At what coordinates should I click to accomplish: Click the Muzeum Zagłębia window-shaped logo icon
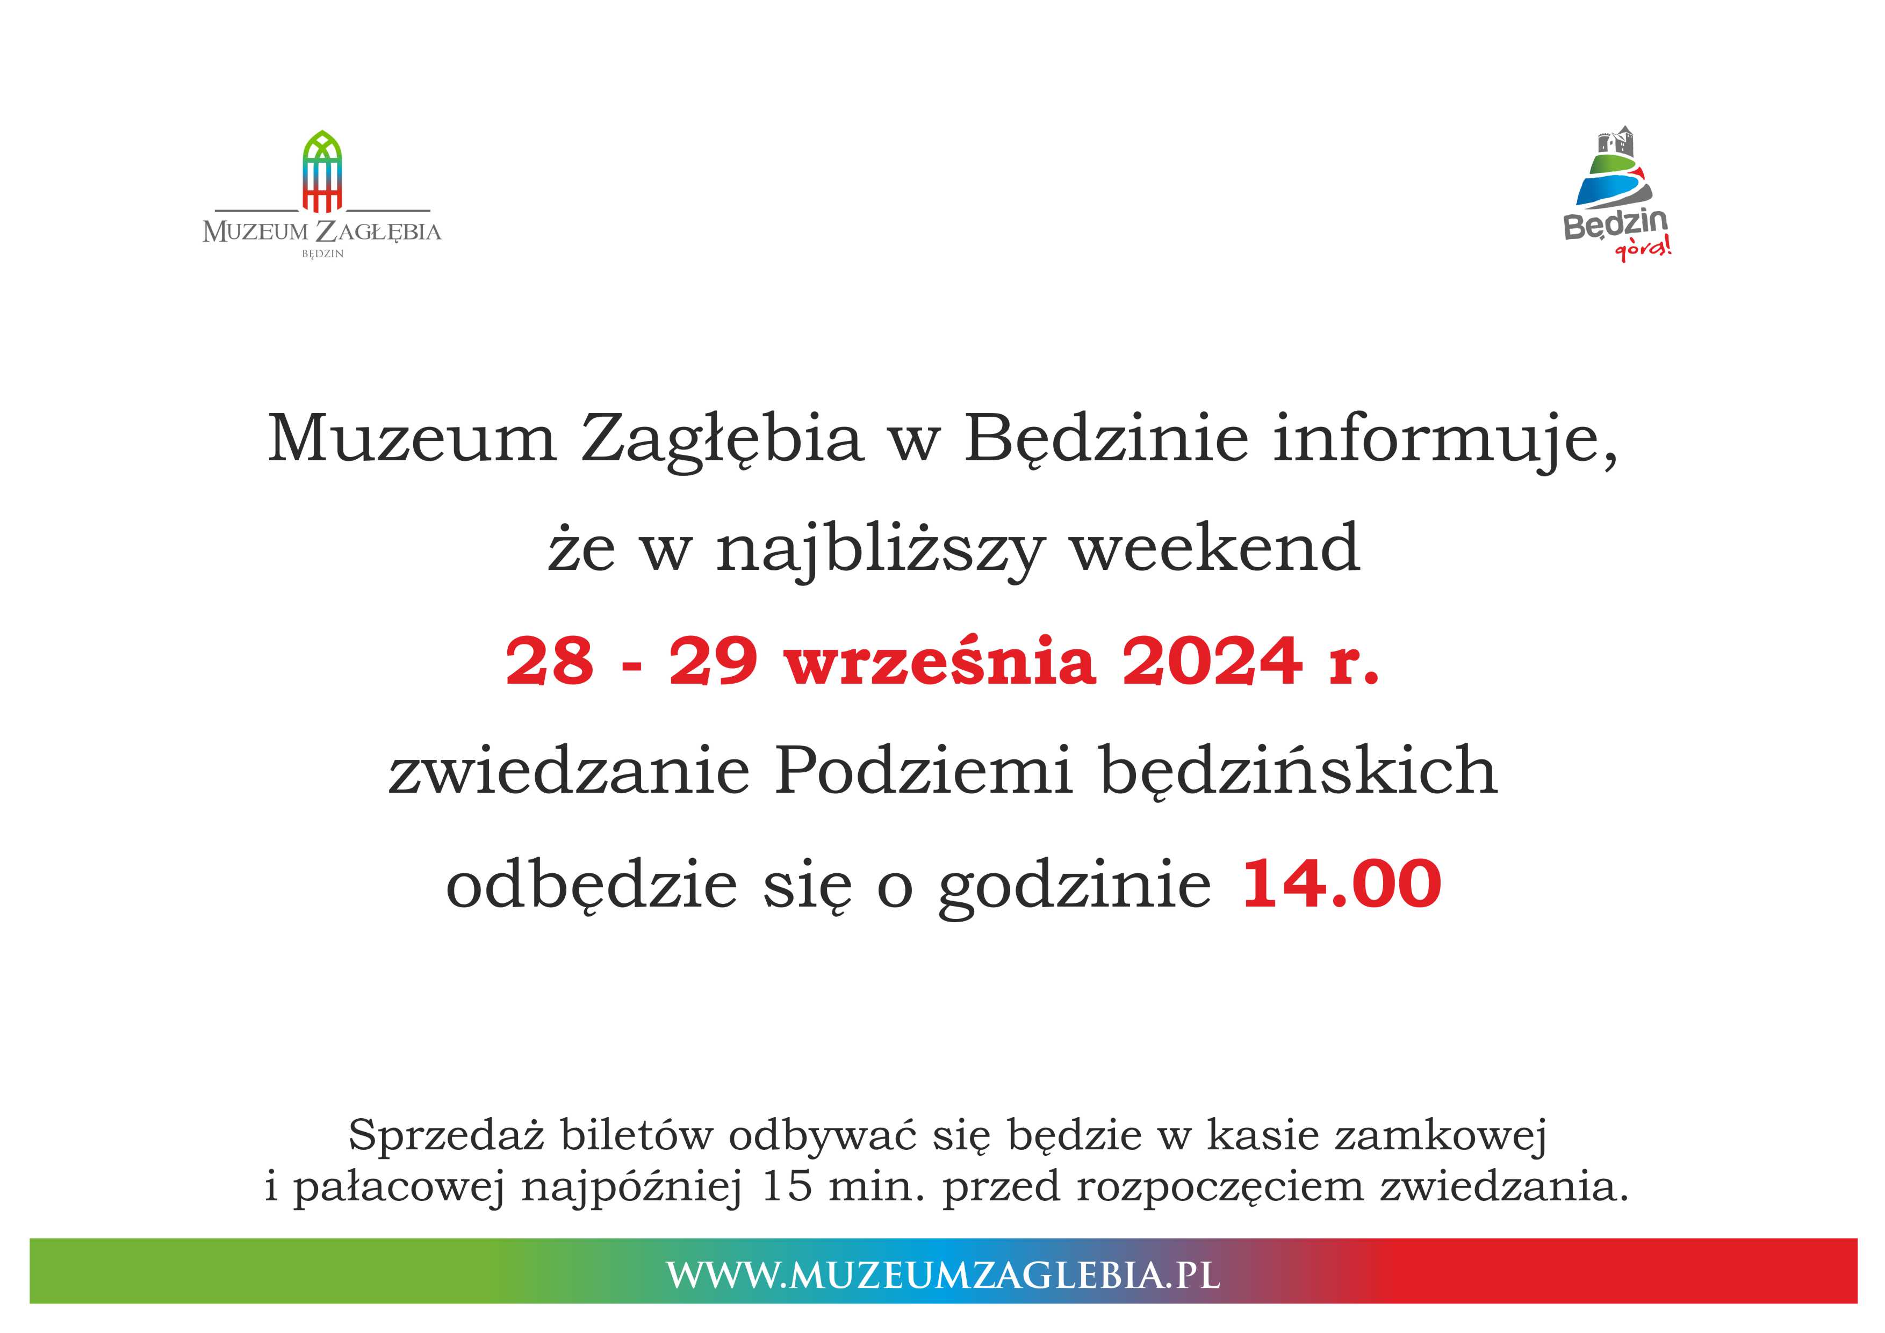[x=322, y=171]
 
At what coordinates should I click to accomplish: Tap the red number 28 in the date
[x=549, y=661]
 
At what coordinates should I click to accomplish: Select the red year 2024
[x=1212, y=661]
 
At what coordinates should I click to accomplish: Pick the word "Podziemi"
[x=924, y=770]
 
